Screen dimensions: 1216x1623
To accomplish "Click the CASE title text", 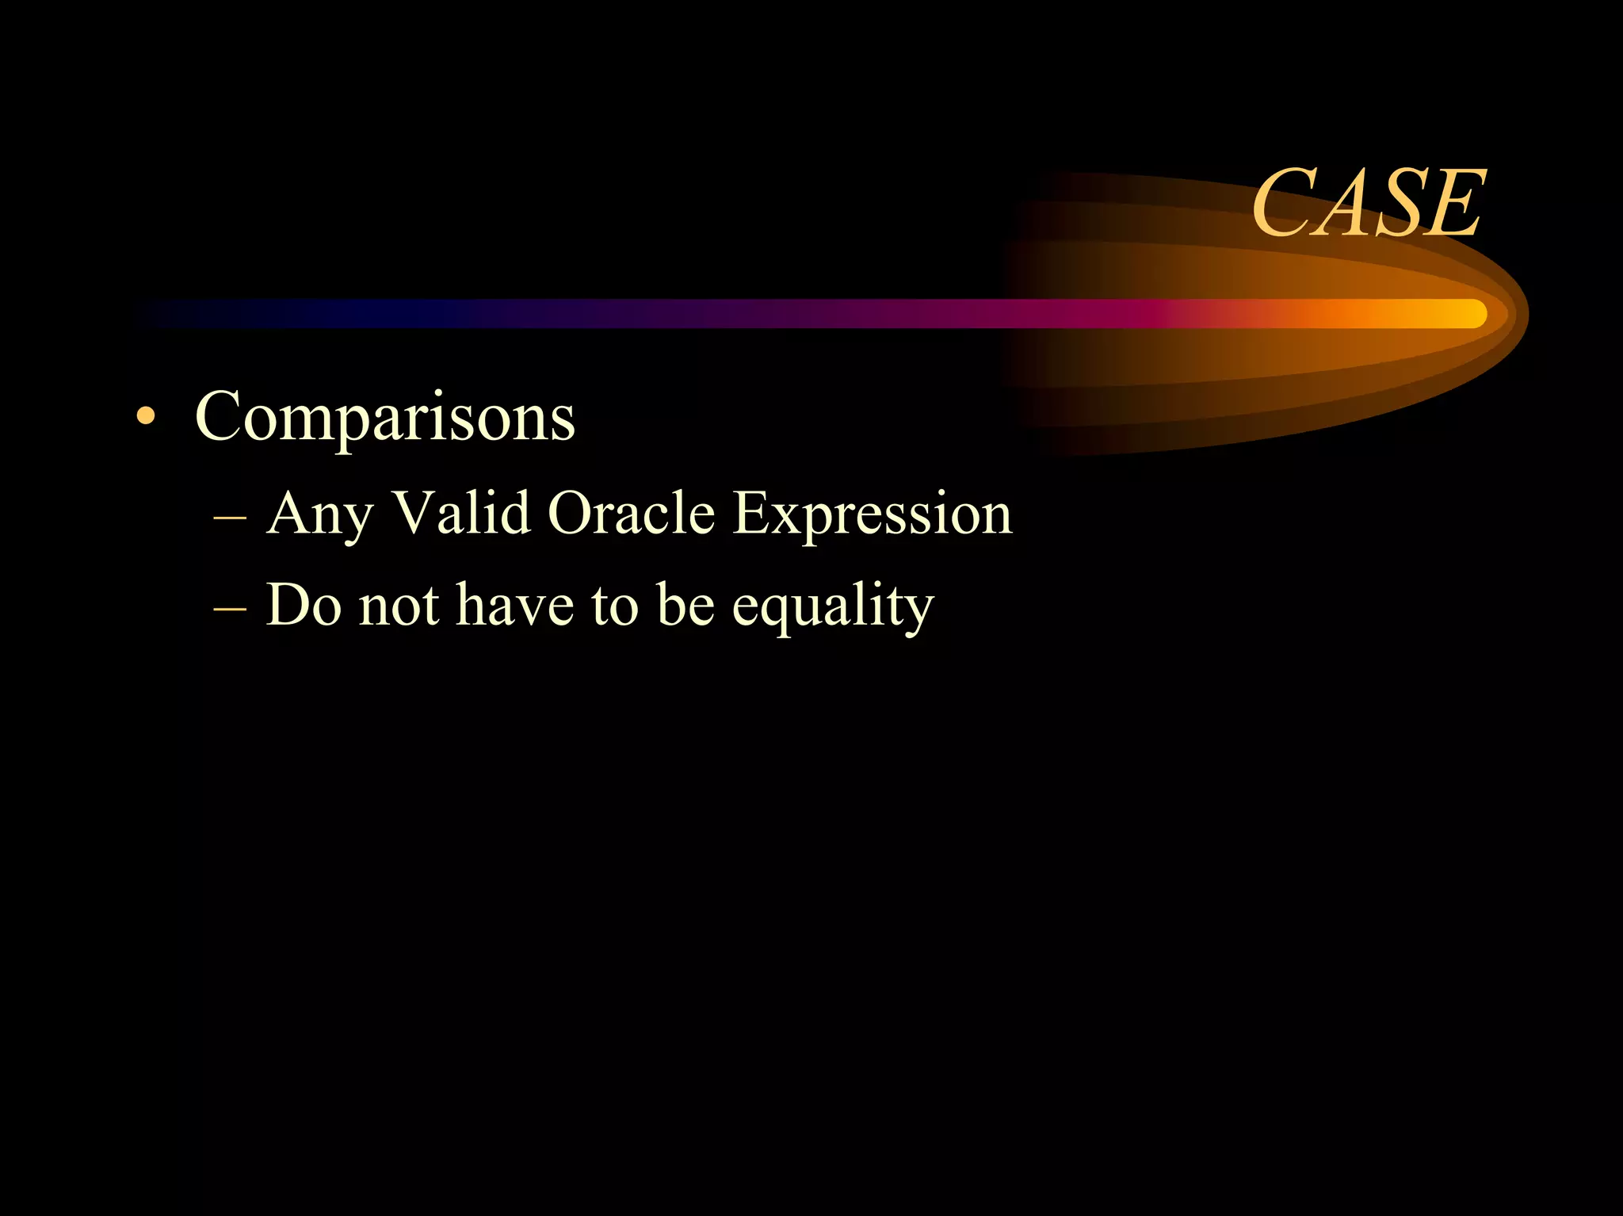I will pos(1368,204).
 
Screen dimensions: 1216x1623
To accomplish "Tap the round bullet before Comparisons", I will pos(145,417).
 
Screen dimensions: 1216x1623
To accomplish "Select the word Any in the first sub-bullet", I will pos(319,514).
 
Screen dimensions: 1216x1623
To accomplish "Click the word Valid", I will pos(461,513).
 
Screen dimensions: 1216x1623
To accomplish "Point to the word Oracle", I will pos(631,513).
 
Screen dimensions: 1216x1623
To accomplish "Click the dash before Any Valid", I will pos(230,517).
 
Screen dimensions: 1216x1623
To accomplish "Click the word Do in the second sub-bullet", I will pos(304,605).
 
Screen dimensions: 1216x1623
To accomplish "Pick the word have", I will pos(514,605).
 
